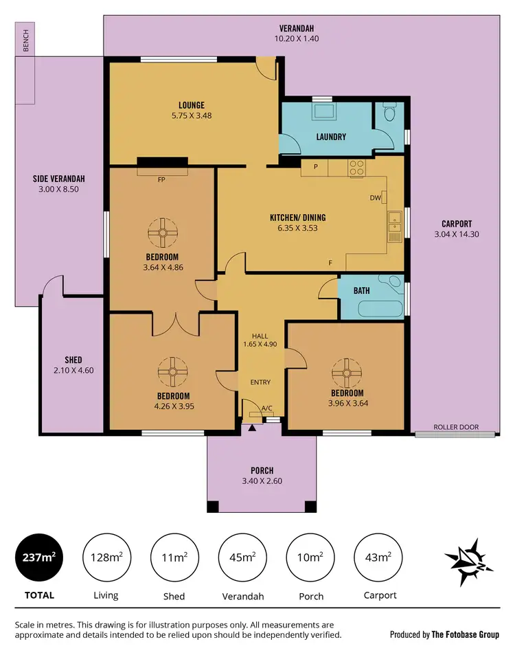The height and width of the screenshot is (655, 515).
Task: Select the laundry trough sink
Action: (x=323, y=111)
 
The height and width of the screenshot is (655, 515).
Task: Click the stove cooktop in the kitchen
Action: (x=356, y=168)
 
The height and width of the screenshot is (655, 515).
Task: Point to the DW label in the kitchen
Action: (x=375, y=198)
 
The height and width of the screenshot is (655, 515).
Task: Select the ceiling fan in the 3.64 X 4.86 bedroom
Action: (x=162, y=233)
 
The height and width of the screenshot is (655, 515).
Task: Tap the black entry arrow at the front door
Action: (x=252, y=428)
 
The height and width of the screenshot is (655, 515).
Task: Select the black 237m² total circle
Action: (x=39, y=557)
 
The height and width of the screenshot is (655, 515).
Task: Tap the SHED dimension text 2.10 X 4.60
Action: (x=73, y=371)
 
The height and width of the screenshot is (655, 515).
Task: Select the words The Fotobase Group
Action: (x=466, y=634)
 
